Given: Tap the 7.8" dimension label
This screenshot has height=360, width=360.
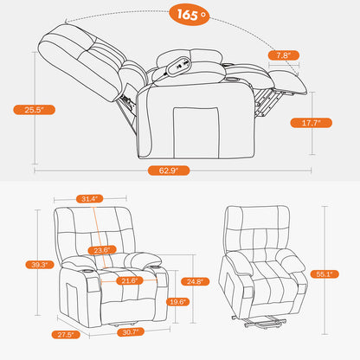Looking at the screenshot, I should [x=281, y=54].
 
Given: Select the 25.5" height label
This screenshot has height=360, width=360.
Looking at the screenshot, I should [x=29, y=109].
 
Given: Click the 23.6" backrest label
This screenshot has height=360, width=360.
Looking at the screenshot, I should [x=104, y=251].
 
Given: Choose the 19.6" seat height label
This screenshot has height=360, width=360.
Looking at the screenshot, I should [x=177, y=302].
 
